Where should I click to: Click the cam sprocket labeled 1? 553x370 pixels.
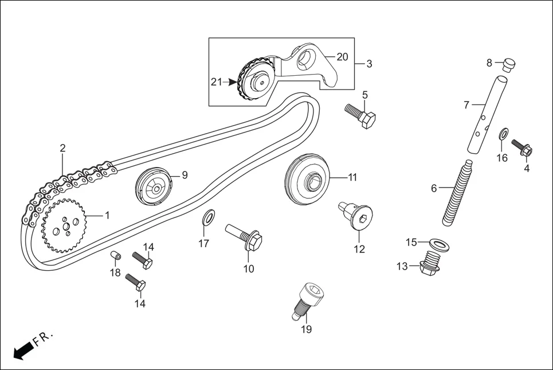pos(64,226)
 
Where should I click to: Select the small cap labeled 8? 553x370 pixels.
pos(507,65)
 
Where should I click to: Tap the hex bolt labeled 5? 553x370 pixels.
pos(360,115)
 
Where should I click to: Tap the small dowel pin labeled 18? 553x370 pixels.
pos(114,254)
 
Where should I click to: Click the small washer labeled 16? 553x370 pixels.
pos(503,134)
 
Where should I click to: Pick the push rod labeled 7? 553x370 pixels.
pos(483,115)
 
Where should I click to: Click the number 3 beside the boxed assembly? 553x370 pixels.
pos(369,64)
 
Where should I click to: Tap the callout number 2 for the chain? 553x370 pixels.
pos(62,149)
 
